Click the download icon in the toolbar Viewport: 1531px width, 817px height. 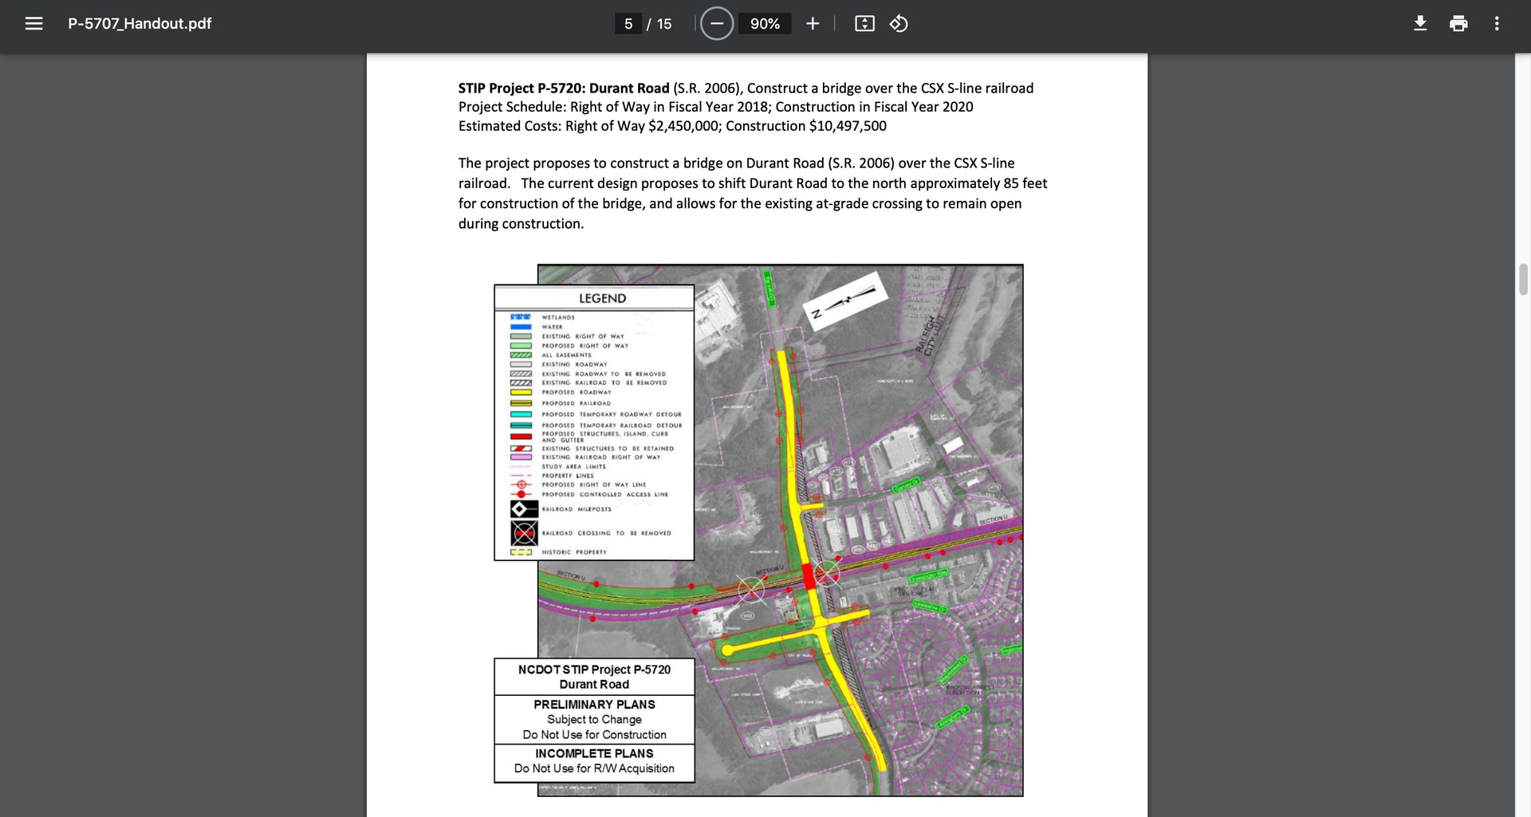pos(1420,24)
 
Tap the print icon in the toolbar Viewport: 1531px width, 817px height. pos(1458,24)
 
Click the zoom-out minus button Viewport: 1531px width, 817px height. pos(717,24)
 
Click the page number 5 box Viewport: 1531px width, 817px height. pos(628,24)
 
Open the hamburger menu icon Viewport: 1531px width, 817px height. pos(33,24)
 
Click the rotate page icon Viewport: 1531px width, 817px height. pos(899,24)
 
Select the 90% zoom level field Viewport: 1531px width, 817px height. pos(765,24)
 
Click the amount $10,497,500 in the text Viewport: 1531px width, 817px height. pos(847,126)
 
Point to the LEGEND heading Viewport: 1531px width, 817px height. pos(602,298)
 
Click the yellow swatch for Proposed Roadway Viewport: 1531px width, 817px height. pos(521,392)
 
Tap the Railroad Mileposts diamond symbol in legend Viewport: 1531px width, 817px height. pos(524,509)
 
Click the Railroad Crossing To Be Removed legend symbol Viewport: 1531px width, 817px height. pos(524,532)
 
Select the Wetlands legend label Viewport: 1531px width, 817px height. pos(558,317)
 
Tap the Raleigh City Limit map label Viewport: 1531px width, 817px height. pos(930,336)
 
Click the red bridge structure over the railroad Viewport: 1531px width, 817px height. pos(809,575)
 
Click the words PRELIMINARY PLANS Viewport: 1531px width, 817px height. pos(594,705)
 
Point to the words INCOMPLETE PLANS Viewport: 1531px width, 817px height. pos(594,753)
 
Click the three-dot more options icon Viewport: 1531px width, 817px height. pos(1497,24)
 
